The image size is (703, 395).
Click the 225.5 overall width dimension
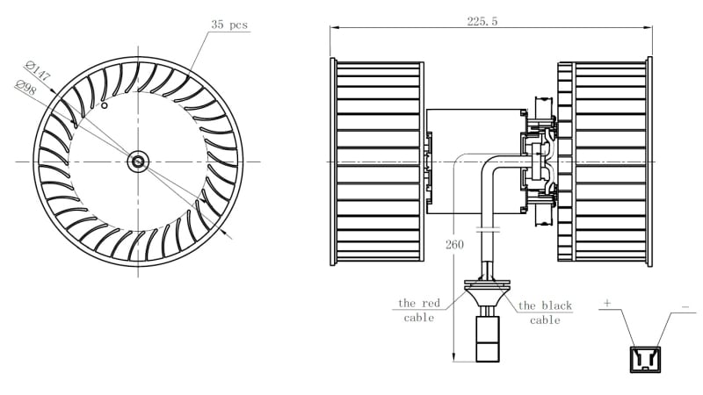click(x=482, y=21)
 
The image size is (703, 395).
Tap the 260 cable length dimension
click(x=454, y=245)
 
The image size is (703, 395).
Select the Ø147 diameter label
click(x=38, y=71)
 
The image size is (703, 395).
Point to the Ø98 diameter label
click(x=25, y=88)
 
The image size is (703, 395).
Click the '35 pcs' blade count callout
click(x=229, y=25)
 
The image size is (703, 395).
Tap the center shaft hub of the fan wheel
click(x=137, y=162)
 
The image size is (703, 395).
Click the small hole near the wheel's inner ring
click(x=104, y=105)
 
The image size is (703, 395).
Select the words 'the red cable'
click(x=419, y=311)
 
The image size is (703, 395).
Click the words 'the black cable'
click(x=545, y=312)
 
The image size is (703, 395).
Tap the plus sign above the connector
click(x=607, y=303)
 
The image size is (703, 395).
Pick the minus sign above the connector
click(x=685, y=307)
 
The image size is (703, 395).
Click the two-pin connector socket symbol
click(x=645, y=359)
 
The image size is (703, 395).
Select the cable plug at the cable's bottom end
click(x=488, y=339)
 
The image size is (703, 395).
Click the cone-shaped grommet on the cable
click(x=488, y=294)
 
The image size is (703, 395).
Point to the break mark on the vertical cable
click(x=488, y=230)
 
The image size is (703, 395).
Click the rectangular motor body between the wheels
click(x=476, y=162)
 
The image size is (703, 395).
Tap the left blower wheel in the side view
click(x=377, y=162)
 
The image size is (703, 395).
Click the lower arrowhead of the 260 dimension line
click(x=453, y=357)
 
